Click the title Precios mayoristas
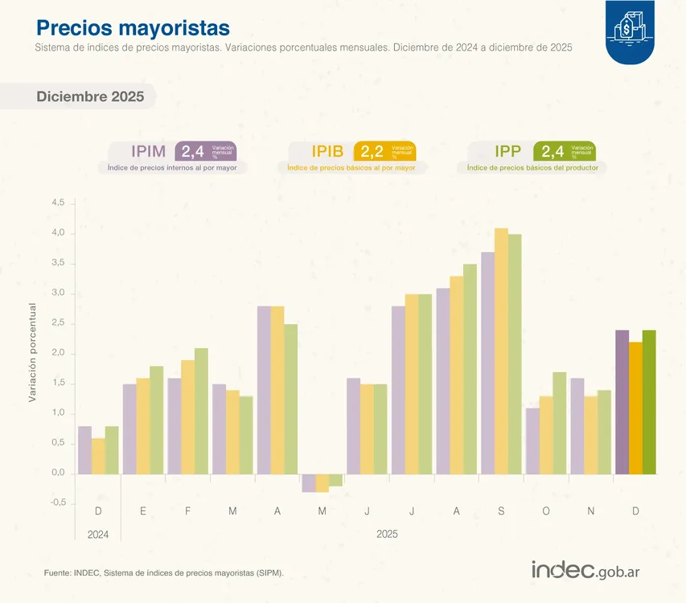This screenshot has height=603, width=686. click(133, 28)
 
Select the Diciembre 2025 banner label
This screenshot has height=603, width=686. click(90, 97)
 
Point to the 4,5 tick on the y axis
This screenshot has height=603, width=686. click(58, 203)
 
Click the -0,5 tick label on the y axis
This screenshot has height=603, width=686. click(56, 503)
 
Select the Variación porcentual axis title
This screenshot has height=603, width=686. click(32, 352)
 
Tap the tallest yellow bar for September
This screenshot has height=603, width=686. click(501, 351)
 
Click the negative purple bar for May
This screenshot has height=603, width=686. click(309, 483)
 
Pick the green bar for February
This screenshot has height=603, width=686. click(201, 411)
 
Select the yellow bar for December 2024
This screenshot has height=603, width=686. click(98, 456)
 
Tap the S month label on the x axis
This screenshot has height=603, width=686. click(501, 511)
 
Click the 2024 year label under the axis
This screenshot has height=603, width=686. click(98, 534)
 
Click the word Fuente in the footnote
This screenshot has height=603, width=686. click(57, 572)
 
